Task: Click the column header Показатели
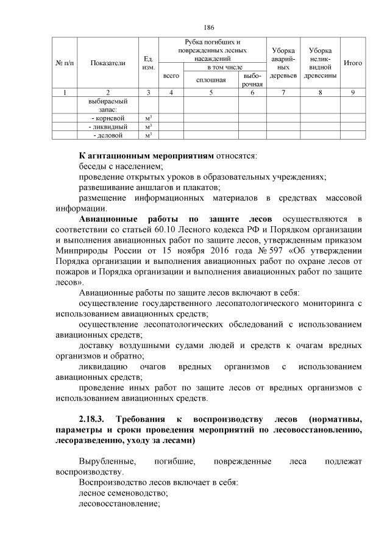point(107,62)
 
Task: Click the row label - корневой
point(107,118)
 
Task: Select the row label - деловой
point(107,135)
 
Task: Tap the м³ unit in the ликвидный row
point(148,127)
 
